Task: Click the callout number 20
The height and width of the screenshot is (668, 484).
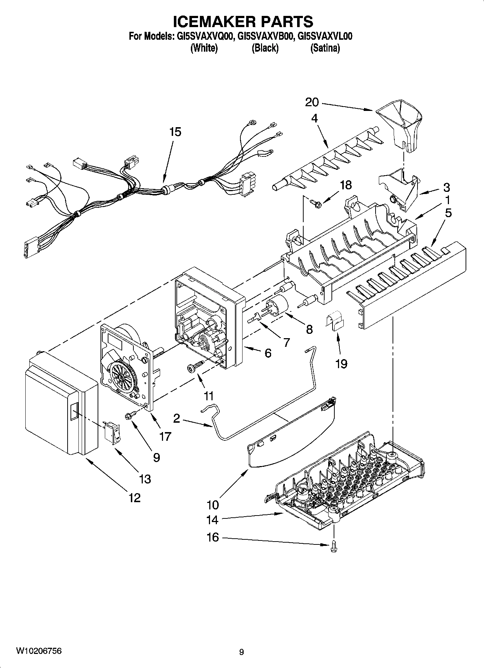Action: [x=312, y=102]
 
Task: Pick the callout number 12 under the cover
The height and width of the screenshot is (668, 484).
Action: [x=134, y=498]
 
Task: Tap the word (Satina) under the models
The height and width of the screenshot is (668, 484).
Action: [x=325, y=48]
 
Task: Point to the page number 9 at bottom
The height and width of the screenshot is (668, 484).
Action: [x=241, y=652]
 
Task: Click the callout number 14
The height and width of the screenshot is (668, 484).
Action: [x=212, y=520]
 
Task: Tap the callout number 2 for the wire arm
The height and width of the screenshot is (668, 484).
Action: [x=176, y=418]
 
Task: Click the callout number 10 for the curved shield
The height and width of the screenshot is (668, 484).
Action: [x=213, y=504]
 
